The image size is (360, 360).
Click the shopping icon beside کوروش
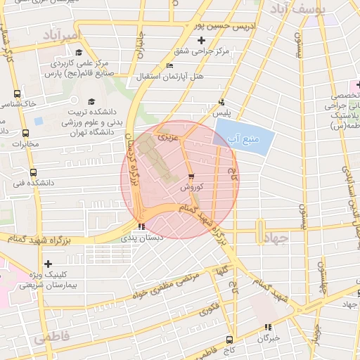click(x=192, y=176)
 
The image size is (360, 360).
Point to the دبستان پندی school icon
click(x=142, y=226)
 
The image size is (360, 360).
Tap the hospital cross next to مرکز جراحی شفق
click(x=201, y=39)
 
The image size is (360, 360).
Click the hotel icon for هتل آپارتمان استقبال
click(x=169, y=66)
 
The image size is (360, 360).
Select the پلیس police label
click(x=221, y=112)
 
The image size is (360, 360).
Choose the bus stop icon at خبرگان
click(x=267, y=327)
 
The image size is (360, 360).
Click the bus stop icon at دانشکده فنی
click(x=32, y=172)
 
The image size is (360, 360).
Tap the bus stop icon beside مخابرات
click(x=26, y=134)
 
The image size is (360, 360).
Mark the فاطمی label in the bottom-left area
click(x=51, y=337)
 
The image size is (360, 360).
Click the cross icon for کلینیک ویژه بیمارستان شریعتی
click(x=47, y=264)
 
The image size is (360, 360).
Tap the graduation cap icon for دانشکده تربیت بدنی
click(x=91, y=101)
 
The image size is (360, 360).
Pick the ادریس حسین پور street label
click(x=221, y=26)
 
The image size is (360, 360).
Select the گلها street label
click(x=226, y=271)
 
